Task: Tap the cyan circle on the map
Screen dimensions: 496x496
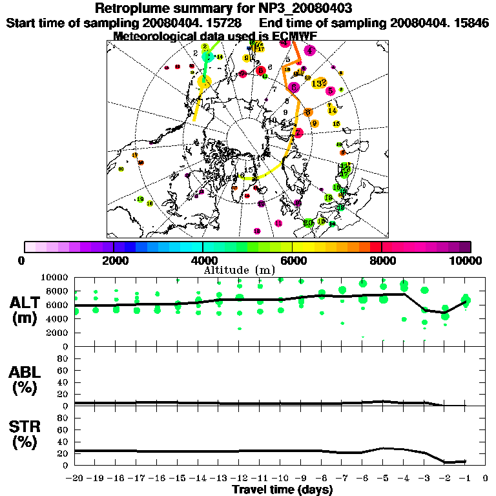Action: pos(207,57)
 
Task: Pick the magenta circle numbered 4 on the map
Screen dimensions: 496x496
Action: pos(310,50)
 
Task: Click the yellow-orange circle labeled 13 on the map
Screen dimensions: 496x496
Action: pos(318,83)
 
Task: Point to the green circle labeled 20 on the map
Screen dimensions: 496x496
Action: pos(309,223)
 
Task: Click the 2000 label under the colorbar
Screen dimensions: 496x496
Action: pos(114,261)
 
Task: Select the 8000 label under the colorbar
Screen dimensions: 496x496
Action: pos(381,261)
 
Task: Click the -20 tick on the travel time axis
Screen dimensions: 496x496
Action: pos(74,479)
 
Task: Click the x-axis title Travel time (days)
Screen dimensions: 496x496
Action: pos(282,490)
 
